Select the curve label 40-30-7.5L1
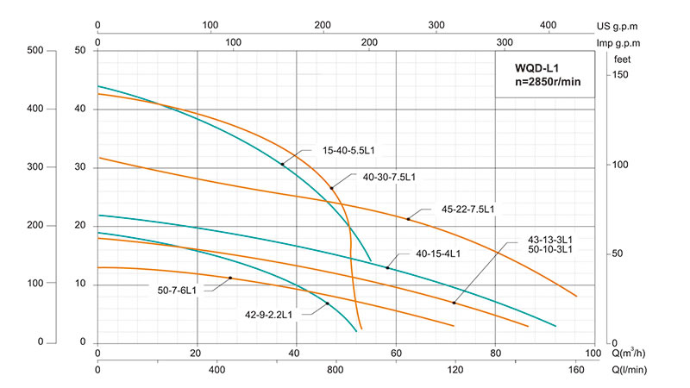(389, 178)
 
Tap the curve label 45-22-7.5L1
(467, 209)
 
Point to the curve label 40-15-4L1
(438, 253)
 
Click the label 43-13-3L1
(550, 239)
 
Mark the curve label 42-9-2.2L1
(268, 315)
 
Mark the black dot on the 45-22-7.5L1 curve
(409, 219)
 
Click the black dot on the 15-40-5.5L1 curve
(282, 164)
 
